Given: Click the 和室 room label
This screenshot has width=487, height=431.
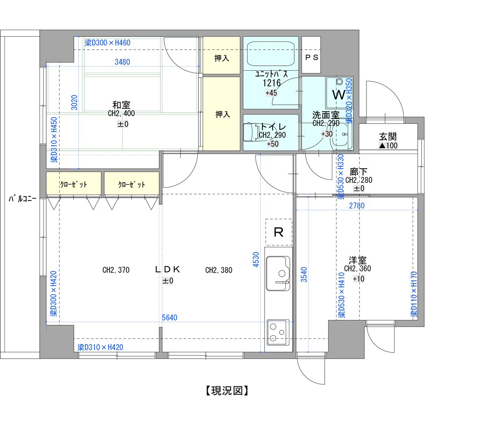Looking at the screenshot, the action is pyautogui.click(x=121, y=105).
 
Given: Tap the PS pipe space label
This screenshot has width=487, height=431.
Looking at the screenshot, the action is pyautogui.click(x=312, y=57).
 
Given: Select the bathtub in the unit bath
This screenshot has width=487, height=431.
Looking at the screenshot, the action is pyautogui.click(x=271, y=54).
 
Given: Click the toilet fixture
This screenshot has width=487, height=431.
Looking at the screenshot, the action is pyautogui.click(x=251, y=132).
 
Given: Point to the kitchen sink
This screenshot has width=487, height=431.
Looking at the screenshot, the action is pyautogui.click(x=278, y=273).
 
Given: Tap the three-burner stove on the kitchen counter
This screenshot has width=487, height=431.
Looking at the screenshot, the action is pyautogui.click(x=278, y=333).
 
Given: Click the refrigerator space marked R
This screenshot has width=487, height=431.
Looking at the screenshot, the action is pyautogui.click(x=278, y=232).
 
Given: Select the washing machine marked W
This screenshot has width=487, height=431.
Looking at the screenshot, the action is pyautogui.click(x=339, y=93).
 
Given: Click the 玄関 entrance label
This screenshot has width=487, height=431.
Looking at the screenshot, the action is pyautogui.click(x=388, y=136).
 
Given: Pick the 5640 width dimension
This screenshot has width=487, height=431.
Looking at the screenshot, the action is pyautogui.click(x=170, y=318).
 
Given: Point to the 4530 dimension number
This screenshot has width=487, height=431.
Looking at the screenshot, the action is pyautogui.click(x=256, y=260).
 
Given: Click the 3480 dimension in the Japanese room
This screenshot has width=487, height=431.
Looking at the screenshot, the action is pyautogui.click(x=122, y=62).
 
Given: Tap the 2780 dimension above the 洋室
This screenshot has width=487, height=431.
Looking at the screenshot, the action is pyautogui.click(x=357, y=206).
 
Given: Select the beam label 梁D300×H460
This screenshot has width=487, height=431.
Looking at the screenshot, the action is pyautogui.click(x=108, y=43).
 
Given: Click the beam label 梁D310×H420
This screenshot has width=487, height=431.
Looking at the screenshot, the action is pyautogui.click(x=100, y=347).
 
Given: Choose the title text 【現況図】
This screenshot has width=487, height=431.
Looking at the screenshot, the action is pyautogui.click(x=227, y=391).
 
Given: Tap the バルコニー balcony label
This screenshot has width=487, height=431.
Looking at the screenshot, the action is pyautogui.click(x=23, y=199).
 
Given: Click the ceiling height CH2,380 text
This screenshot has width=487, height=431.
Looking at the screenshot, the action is pyautogui.click(x=219, y=270).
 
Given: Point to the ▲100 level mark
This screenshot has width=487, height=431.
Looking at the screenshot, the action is pyautogui.click(x=388, y=145).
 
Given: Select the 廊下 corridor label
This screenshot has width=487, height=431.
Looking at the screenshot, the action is pyautogui.click(x=358, y=172).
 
